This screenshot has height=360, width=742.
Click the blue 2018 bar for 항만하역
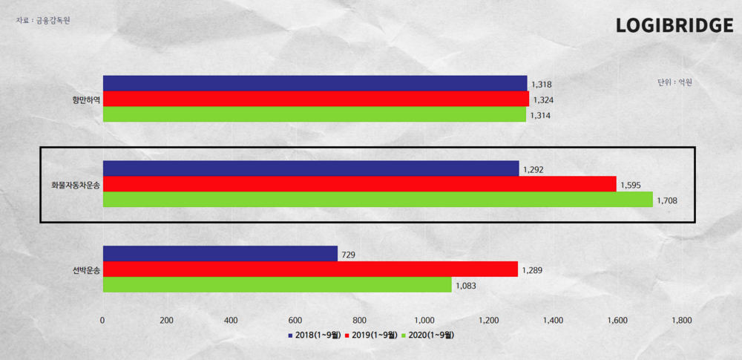(x=315, y=83)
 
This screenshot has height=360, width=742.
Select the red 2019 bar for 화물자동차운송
(x=359, y=184)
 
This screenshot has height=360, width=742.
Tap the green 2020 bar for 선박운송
(x=277, y=285)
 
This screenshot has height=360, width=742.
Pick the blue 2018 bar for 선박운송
(x=220, y=254)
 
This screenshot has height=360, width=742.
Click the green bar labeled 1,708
(x=378, y=200)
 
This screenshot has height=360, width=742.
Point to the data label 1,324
(x=543, y=100)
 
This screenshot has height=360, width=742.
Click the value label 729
(x=348, y=255)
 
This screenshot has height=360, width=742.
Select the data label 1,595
(x=630, y=185)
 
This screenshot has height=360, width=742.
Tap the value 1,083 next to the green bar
(x=465, y=286)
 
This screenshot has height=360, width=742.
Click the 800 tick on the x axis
(x=360, y=321)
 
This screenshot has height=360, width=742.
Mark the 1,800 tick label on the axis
(x=681, y=321)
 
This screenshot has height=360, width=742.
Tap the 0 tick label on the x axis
(x=103, y=321)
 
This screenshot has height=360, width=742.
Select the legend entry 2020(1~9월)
(x=427, y=336)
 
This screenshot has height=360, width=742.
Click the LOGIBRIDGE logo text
(x=674, y=26)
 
